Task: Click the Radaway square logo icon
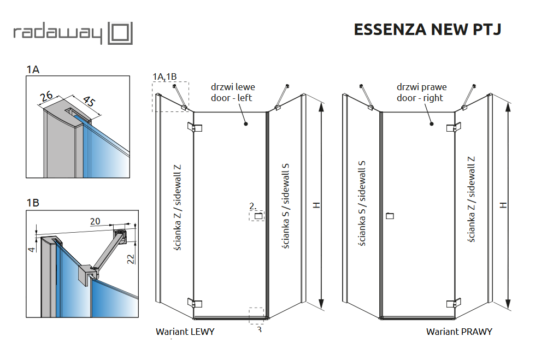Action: point(120,33)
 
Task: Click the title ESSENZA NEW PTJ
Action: point(427,29)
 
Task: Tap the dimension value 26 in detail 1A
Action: point(46,97)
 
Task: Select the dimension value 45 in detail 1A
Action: point(89,102)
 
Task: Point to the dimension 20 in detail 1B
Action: point(95,221)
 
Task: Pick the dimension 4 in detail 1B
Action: point(32,249)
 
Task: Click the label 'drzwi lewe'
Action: point(233,87)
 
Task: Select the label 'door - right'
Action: point(420,98)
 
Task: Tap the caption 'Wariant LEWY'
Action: point(185,332)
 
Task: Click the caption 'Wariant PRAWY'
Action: point(459,332)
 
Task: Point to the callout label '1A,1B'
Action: point(165,76)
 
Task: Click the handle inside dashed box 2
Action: point(258,215)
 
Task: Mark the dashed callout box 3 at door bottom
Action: point(256,316)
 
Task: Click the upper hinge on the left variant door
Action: point(195,128)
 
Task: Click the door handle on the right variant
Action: point(389,216)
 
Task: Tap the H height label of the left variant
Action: point(316,205)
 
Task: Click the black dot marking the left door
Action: point(246,124)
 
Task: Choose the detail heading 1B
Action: point(33,203)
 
